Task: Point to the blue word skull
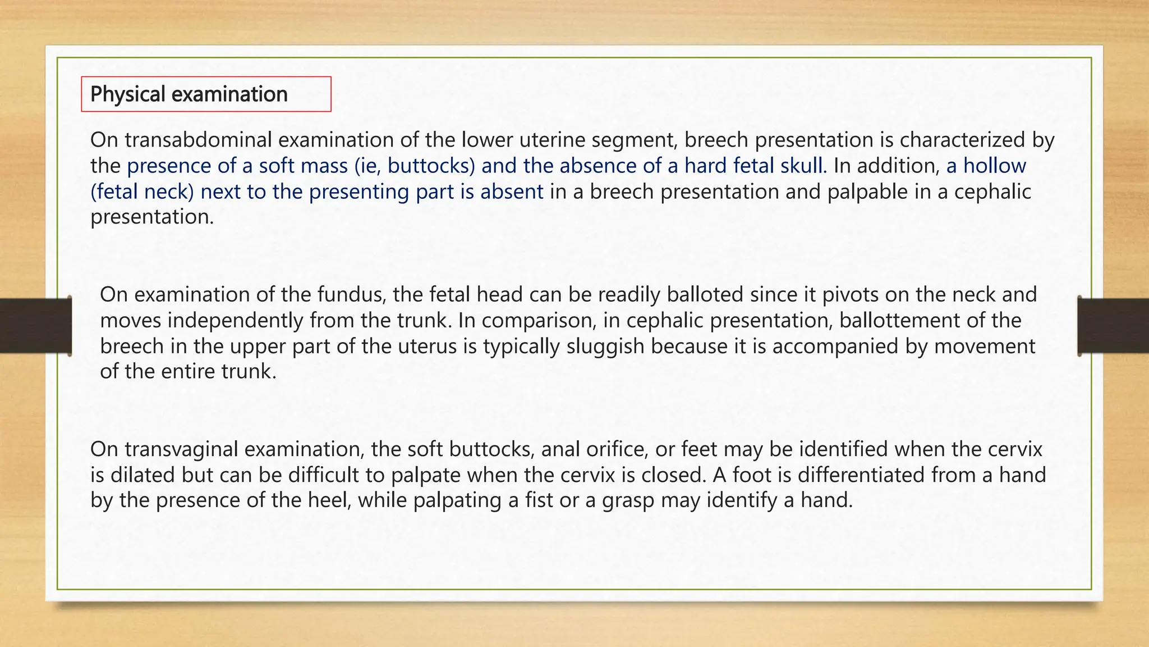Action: pos(803,166)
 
